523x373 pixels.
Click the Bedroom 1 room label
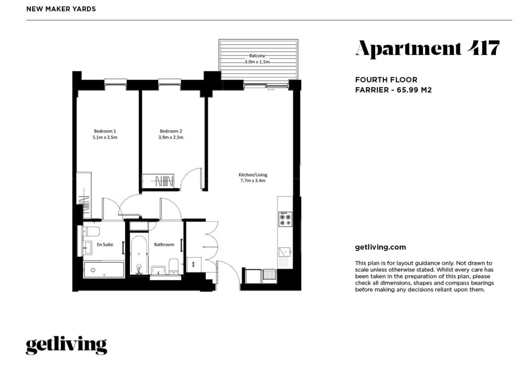[x=105, y=131]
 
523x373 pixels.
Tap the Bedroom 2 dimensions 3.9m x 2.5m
[x=171, y=137]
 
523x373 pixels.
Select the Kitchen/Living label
[x=253, y=175]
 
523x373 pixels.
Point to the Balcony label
[x=257, y=56]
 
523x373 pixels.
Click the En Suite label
[x=105, y=244]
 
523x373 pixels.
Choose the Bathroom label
[x=164, y=244]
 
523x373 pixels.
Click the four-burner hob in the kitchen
[x=285, y=219]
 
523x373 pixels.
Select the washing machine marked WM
[x=193, y=265]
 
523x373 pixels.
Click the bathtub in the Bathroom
[x=139, y=255]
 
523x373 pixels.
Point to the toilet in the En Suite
[x=91, y=231]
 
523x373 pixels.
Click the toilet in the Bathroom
[x=174, y=266]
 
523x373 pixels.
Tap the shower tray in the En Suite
[x=104, y=270]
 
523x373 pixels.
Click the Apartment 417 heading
[x=427, y=49]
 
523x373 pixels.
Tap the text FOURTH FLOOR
[x=386, y=80]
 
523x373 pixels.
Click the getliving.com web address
[x=380, y=247]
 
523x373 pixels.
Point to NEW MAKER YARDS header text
[x=61, y=9]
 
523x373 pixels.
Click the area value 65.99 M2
[x=414, y=90]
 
